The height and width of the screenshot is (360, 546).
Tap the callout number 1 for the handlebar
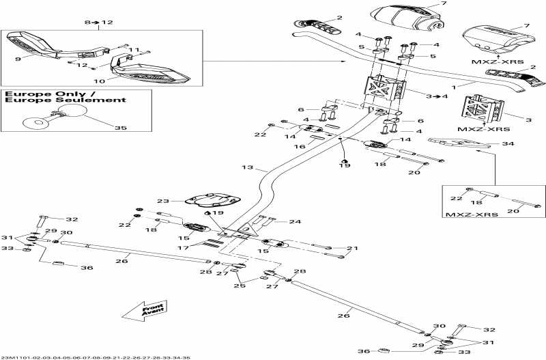point(452,88)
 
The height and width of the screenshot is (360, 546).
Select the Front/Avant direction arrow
point(145,311)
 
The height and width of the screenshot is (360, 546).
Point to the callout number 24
point(295,222)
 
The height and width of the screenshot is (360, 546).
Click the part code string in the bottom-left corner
point(96,357)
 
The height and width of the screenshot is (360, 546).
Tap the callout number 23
point(162,202)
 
